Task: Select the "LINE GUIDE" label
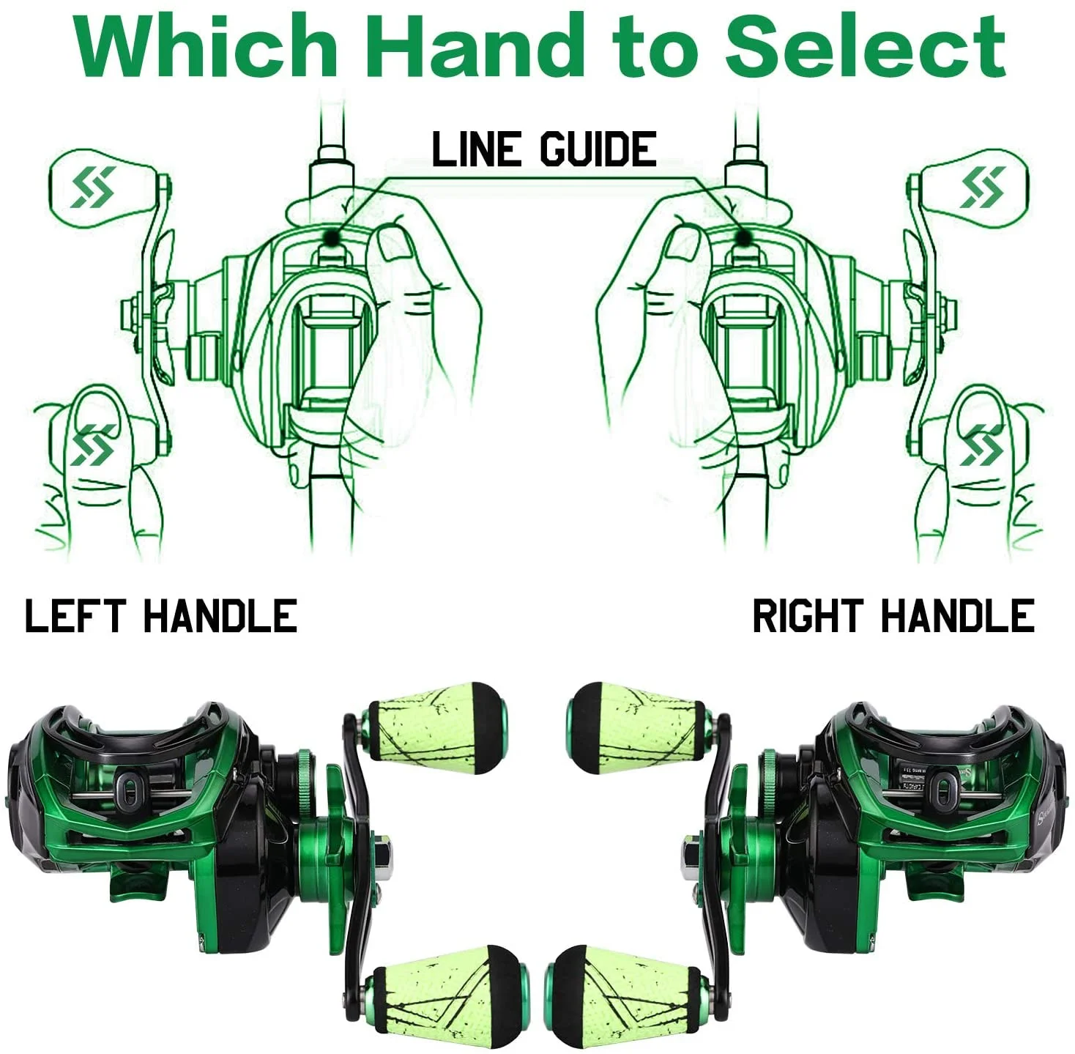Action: point(544,149)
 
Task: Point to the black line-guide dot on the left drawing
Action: point(331,238)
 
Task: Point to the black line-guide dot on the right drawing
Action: point(741,239)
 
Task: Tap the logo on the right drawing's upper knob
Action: point(982,187)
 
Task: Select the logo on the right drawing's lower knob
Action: point(982,445)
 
